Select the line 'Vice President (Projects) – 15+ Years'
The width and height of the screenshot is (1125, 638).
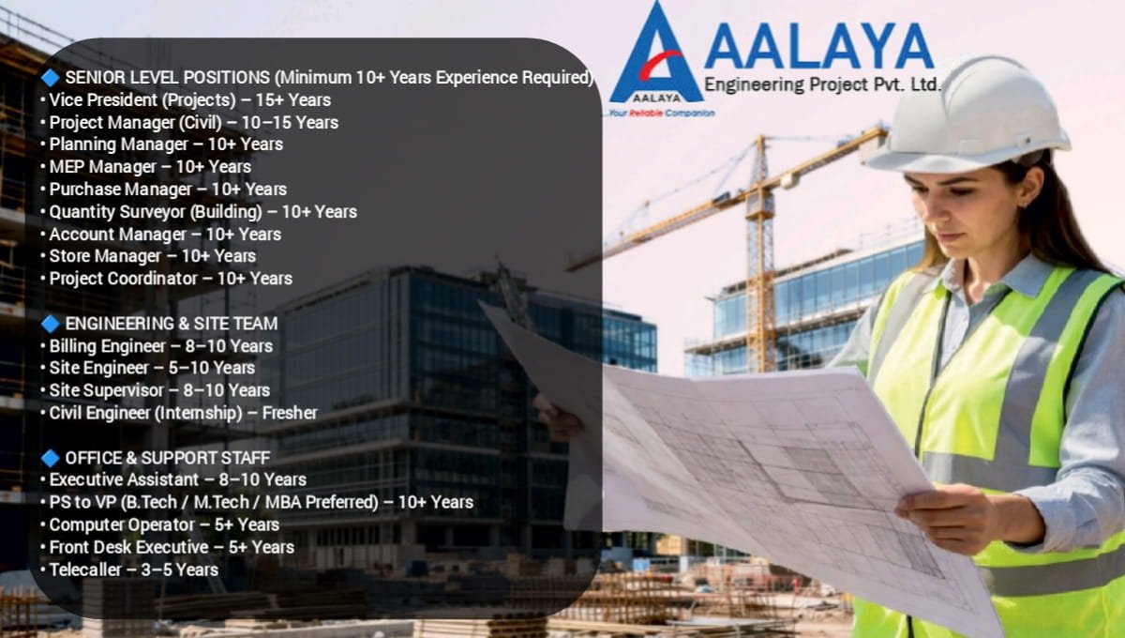click(189, 99)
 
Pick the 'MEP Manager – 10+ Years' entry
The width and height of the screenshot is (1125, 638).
click(150, 167)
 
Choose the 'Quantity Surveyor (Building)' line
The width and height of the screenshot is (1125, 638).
click(202, 212)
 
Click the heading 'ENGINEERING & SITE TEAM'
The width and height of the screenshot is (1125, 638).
click(171, 324)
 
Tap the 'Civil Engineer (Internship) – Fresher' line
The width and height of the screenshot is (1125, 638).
click(183, 413)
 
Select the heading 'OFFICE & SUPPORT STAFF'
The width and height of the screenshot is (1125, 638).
click(167, 458)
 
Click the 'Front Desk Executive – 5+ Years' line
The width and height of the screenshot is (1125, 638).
click(172, 547)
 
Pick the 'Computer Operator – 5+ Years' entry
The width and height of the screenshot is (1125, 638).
click(164, 524)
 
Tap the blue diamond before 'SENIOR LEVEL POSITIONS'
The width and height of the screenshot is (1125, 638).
click(51, 77)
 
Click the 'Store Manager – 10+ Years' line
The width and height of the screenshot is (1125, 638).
click(152, 256)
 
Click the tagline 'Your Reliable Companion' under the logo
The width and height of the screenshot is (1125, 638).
click(661, 113)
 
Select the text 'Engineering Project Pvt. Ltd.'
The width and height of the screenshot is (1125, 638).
click(821, 84)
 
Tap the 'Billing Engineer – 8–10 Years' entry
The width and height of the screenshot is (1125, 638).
click(160, 346)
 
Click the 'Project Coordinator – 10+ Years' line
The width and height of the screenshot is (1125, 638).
click(171, 279)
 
